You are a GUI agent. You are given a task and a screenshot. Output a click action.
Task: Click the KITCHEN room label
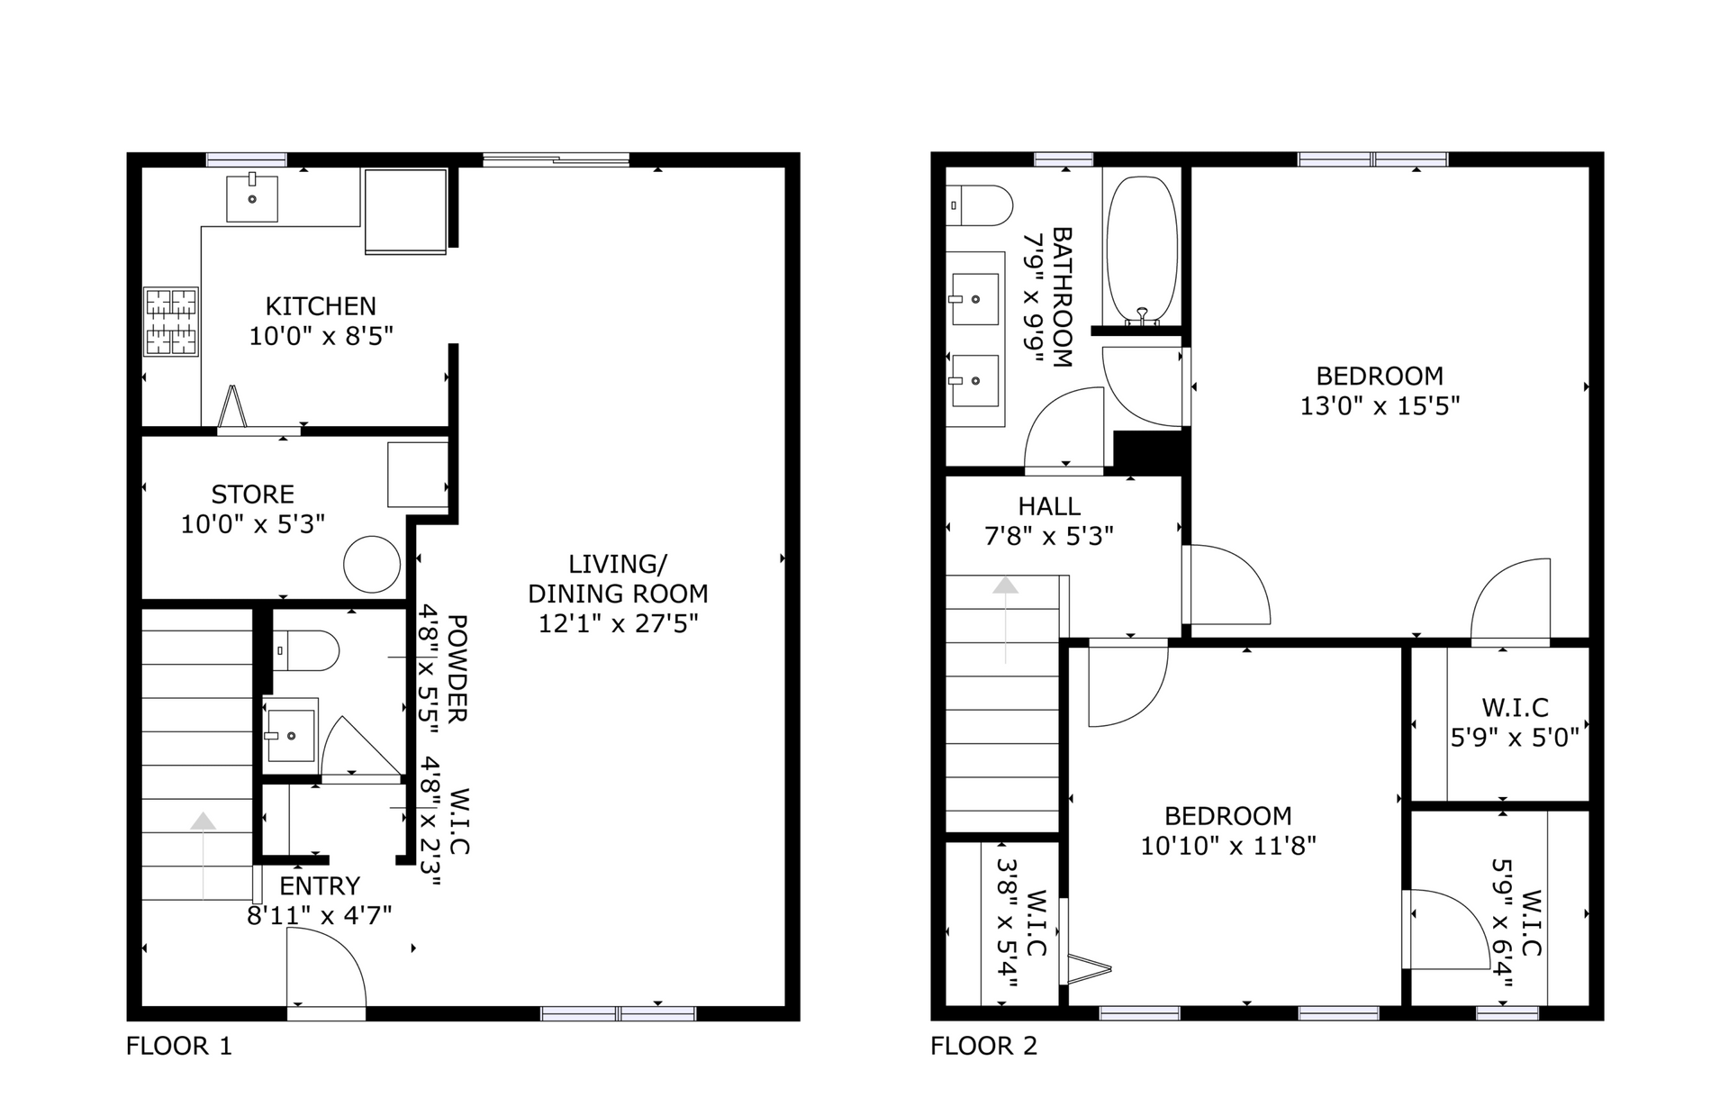(321, 306)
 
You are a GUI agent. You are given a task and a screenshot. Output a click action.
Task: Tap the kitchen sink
(251, 198)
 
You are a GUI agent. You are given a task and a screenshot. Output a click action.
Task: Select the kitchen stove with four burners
(171, 322)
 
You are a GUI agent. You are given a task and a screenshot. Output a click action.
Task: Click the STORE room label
(252, 494)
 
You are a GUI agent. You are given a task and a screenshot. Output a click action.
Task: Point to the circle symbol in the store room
(372, 564)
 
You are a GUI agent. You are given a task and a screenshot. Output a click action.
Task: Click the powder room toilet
(306, 650)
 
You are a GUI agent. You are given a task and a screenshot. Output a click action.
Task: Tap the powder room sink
(290, 735)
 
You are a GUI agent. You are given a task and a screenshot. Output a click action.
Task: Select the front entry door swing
(326, 968)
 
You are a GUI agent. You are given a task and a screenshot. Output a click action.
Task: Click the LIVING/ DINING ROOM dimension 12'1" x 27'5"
(618, 623)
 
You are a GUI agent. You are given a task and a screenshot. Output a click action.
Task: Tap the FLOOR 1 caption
(178, 1046)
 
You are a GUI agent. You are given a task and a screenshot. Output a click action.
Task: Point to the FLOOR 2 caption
(983, 1046)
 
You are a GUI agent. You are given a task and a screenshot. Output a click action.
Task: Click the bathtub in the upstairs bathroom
(1141, 250)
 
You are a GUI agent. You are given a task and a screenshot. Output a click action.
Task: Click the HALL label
(1049, 506)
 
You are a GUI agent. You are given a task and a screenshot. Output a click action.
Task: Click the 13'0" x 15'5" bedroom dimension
(1379, 406)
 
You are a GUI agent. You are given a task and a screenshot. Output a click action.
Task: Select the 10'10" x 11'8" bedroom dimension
(1228, 846)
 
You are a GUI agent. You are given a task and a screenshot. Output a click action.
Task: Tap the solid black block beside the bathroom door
(1148, 450)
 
